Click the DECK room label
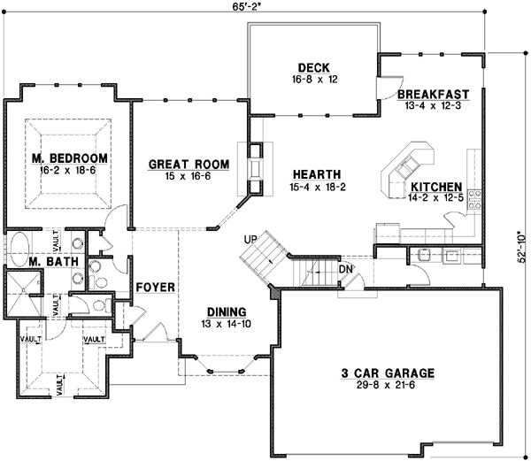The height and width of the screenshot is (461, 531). click(x=313, y=66)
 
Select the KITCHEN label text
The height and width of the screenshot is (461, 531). click(x=435, y=188)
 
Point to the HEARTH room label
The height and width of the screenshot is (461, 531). click(x=312, y=174)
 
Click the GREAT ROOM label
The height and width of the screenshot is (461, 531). click(x=189, y=164)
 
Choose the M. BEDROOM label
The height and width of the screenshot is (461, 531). click(x=70, y=158)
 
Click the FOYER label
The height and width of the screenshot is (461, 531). click(x=155, y=288)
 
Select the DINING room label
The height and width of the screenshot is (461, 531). click(x=227, y=311)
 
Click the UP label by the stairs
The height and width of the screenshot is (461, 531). click(x=251, y=240)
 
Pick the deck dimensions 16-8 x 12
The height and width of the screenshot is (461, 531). click(x=313, y=79)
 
